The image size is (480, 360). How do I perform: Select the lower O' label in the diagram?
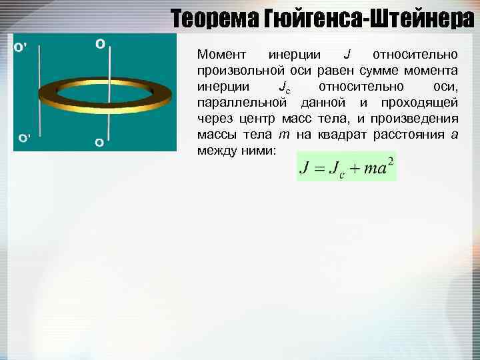[x=24, y=139]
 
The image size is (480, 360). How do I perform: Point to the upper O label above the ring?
[x=100, y=44]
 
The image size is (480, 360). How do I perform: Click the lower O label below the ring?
[x=99, y=142]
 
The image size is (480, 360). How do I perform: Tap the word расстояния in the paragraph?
[x=411, y=135]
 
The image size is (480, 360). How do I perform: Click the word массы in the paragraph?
[x=215, y=135]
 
